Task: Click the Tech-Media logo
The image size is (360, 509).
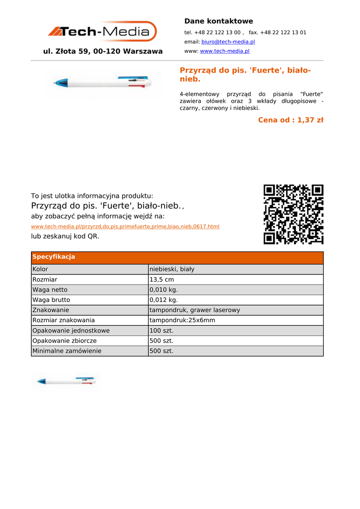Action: tap(102, 32)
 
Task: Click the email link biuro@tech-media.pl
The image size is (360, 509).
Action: tap(228, 42)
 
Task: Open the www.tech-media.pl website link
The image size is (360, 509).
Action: tap(224, 51)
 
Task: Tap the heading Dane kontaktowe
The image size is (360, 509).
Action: tap(218, 21)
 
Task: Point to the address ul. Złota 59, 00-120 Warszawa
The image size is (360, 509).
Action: tap(103, 51)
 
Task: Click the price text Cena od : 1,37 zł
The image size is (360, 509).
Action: tap(290, 120)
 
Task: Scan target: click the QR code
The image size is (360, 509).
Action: tap(293, 214)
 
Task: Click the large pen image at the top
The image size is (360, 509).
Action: tap(103, 83)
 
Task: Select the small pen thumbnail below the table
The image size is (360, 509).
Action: tap(66, 382)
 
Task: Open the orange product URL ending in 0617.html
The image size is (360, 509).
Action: tap(125, 227)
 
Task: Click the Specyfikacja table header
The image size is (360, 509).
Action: tap(54, 257)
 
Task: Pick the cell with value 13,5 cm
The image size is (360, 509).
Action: tap(162, 280)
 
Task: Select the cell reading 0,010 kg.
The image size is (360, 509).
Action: tap(164, 290)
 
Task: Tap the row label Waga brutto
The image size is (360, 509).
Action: tap(51, 300)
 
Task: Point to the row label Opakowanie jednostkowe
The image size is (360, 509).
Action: tap(71, 331)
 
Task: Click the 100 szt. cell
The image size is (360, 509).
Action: tap(161, 331)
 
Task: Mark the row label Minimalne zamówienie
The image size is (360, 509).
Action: tap(67, 351)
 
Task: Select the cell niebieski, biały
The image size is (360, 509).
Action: tap(172, 269)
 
